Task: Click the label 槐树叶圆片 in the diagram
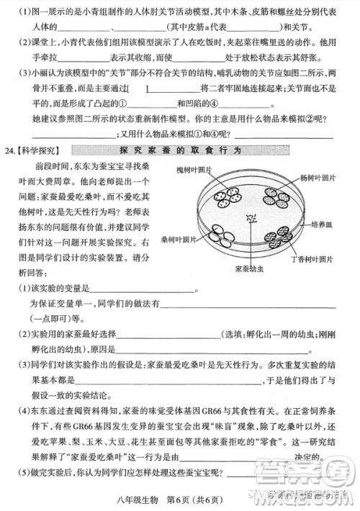[195, 170]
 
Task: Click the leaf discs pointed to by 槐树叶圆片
[230, 198]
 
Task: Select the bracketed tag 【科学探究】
[39, 152]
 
